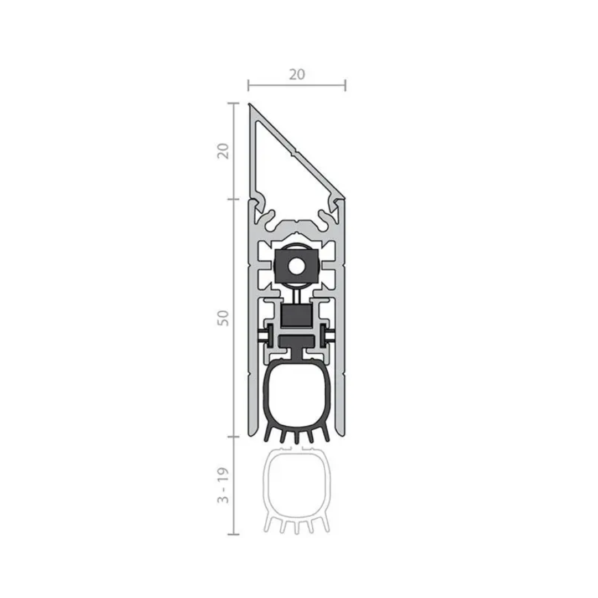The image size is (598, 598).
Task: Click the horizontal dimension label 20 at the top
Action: tap(297, 74)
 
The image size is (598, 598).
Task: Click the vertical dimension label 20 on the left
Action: tap(223, 151)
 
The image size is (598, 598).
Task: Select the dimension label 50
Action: tap(223, 318)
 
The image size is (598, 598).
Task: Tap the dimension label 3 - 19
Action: tap(223, 485)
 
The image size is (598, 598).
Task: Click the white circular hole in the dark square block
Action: tap(296, 266)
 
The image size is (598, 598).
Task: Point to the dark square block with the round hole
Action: tap(296, 266)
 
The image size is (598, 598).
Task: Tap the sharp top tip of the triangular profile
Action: tap(249, 104)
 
